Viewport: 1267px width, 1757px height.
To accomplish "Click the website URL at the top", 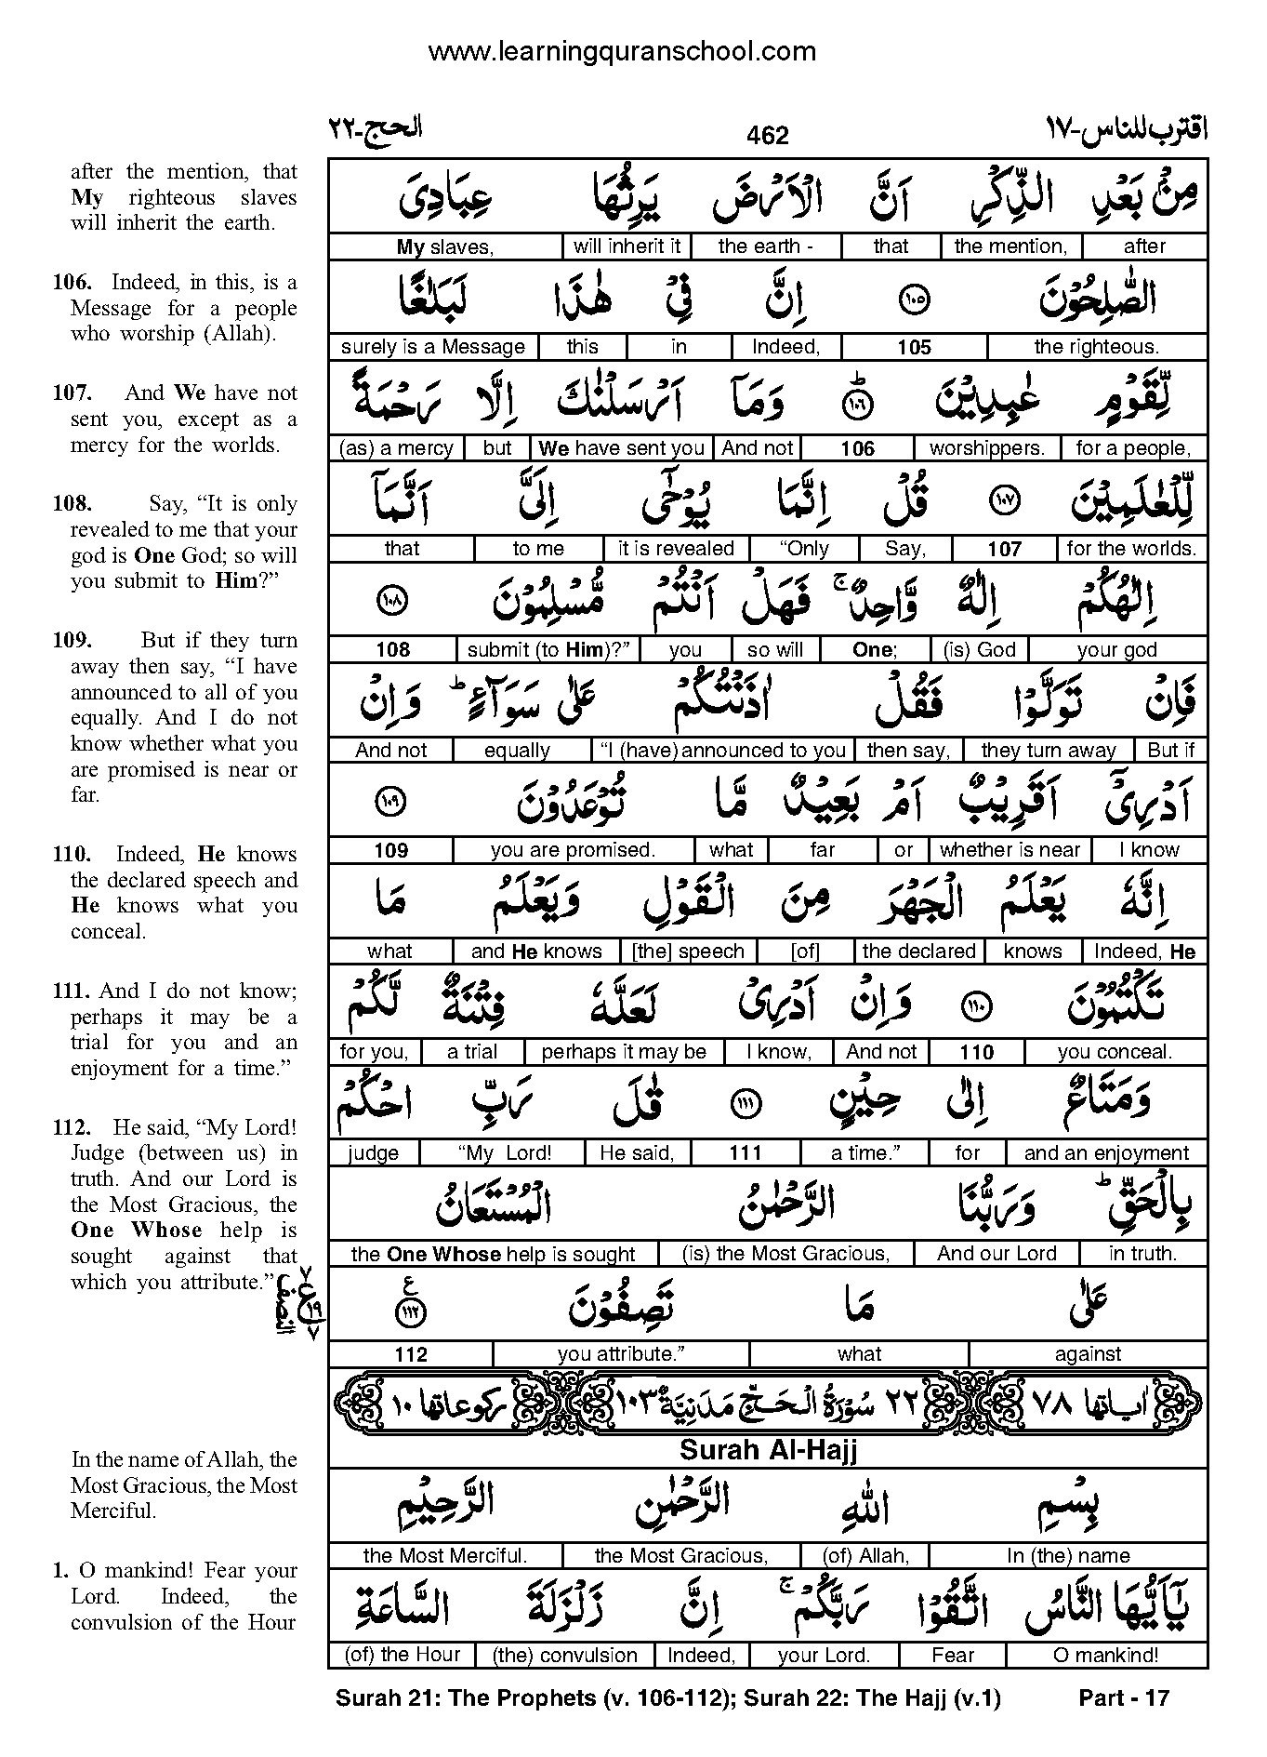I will [x=622, y=52].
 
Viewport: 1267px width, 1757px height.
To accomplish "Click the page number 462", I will [x=767, y=136].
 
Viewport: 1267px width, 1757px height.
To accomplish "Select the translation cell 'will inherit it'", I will [x=627, y=246].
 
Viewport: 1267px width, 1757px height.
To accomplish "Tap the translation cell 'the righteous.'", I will [x=1096, y=347].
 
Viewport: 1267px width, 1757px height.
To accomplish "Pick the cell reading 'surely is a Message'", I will [x=432, y=347].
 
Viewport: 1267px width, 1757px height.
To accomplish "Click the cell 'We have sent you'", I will [x=621, y=448].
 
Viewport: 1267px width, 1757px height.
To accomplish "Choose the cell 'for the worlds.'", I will [x=1130, y=549].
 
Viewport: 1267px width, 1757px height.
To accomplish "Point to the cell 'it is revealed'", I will [x=676, y=549].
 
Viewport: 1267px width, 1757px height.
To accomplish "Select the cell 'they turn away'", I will [x=1048, y=751].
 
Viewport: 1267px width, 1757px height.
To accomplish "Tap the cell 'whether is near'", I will [x=1010, y=850].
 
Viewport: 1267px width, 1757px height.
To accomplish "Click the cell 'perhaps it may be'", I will [x=624, y=1052].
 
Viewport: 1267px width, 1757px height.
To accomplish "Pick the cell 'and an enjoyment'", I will [x=1106, y=1153].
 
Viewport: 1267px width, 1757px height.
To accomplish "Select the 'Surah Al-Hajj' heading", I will [x=767, y=1448].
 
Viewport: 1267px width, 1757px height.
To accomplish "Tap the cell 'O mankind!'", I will [x=1106, y=1655].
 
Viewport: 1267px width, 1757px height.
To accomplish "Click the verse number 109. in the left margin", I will [x=72, y=641].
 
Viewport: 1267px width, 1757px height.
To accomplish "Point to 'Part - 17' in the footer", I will [x=1123, y=1698].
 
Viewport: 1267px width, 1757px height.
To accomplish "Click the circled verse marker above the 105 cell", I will [x=915, y=299].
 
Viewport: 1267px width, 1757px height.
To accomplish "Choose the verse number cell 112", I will [x=410, y=1354].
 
